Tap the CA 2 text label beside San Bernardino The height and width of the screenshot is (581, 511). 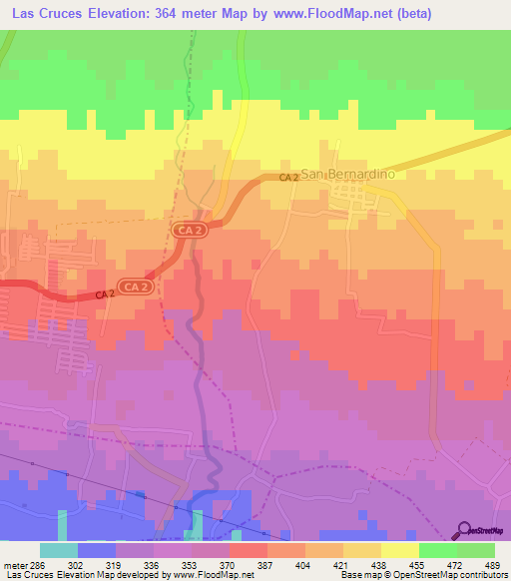coord(288,177)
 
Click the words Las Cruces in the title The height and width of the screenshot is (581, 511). coord(45,13)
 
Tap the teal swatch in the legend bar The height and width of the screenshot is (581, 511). coord(59,550)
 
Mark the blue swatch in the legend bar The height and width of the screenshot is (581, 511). coord(97,550)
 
